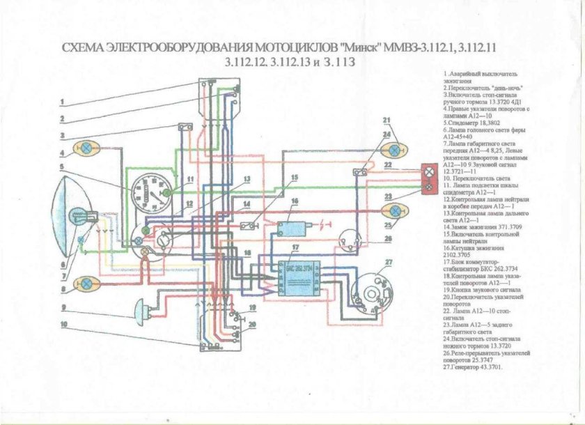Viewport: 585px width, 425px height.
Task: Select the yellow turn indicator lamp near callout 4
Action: point(88,148)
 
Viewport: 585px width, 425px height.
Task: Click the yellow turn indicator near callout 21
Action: point(396,150)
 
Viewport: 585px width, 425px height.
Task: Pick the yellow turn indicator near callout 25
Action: point(395,210)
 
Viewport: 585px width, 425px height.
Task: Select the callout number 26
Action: point(388,238)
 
